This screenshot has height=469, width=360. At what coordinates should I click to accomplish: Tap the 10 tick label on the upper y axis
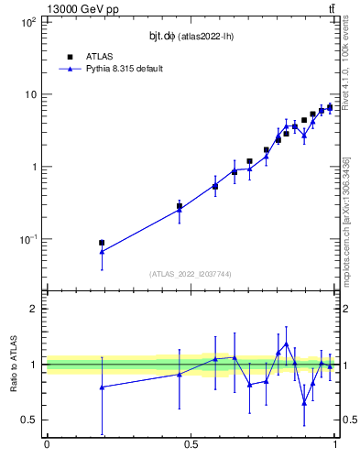(x=30, y=94)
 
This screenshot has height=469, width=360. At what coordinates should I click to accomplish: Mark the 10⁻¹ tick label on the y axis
(x=27, y=239)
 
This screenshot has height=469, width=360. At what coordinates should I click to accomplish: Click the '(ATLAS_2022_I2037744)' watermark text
(x=190, y=274)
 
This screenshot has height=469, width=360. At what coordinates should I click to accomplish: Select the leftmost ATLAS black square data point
(x=102, y=243)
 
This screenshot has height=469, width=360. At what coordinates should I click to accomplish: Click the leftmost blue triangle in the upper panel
(x=102, y=251)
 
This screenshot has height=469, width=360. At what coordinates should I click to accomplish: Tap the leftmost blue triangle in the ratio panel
(x=102, y=387)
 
